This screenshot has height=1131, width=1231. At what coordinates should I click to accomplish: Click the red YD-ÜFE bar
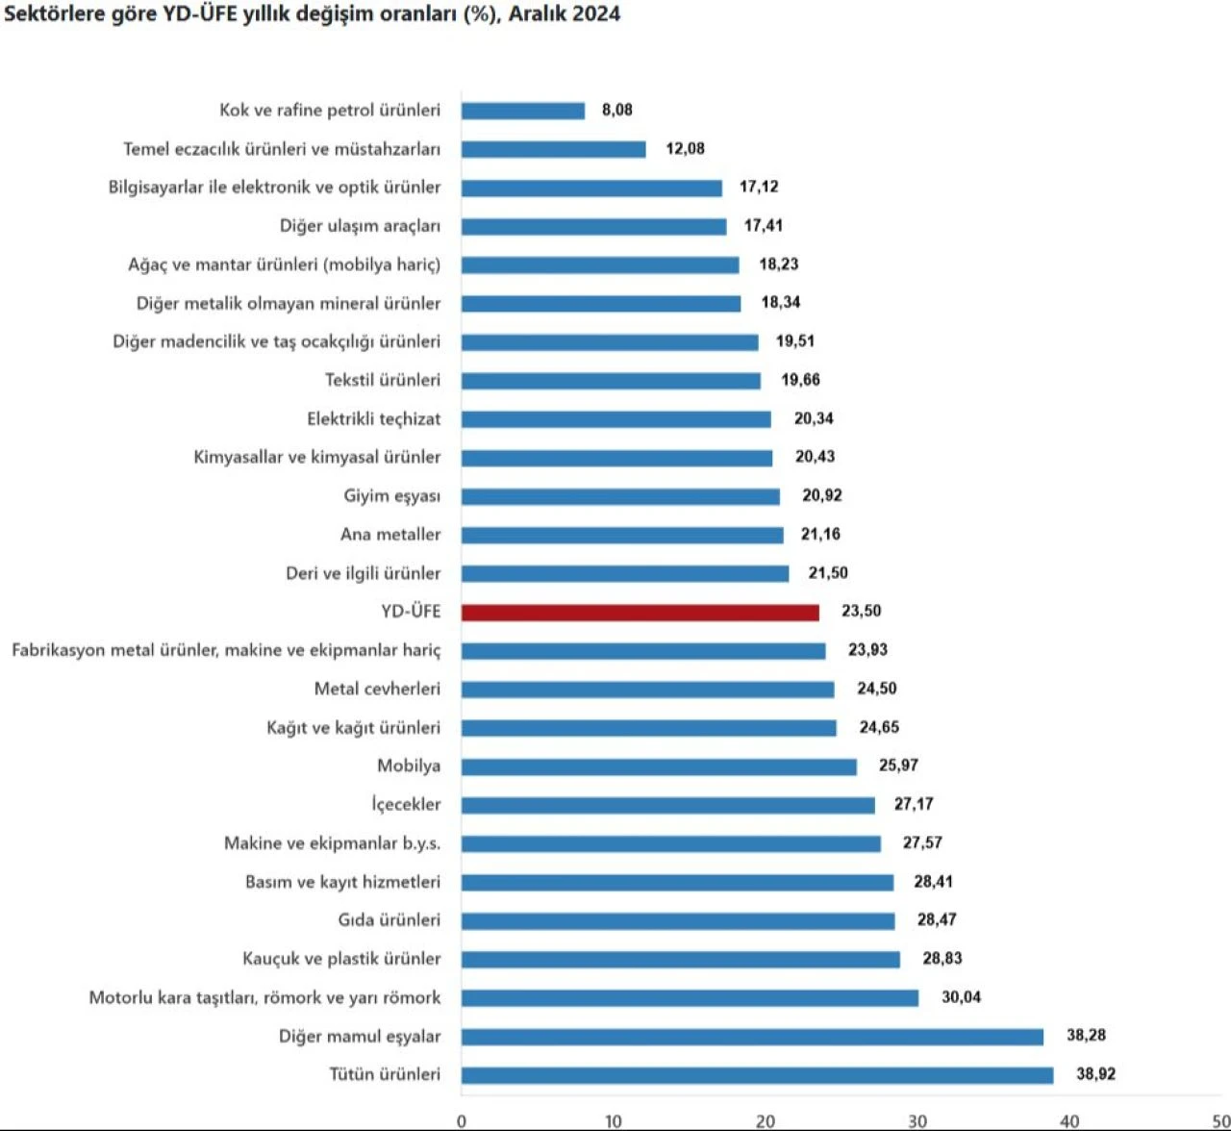coord(640,613)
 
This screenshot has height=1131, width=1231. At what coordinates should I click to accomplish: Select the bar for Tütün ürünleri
coord(757,1075)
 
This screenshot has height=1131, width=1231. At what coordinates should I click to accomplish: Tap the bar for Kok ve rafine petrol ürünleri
coord(522,111)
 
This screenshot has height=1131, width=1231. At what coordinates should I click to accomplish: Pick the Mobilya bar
coord(659,767)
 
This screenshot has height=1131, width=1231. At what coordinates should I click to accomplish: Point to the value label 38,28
coord(1086,1036)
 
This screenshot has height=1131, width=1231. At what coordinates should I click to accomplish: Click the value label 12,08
coord(685,149)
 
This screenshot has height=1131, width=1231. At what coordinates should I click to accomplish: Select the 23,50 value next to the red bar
coord(861,612)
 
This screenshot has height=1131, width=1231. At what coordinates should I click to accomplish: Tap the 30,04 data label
coord(961,997)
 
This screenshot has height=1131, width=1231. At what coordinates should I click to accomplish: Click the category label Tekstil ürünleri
coord(383,380)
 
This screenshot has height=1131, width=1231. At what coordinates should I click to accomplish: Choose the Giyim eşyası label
coord(392,496)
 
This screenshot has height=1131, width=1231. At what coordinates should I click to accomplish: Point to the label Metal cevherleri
coord(377,689)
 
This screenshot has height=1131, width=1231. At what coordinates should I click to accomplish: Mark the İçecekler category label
coord(407,805)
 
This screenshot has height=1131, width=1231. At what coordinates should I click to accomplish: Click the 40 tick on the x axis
coord(1069,1120)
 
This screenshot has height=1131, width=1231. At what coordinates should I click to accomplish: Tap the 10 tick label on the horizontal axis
coord(613,1120)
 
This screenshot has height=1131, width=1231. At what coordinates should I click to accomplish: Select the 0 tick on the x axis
coord(462,1120)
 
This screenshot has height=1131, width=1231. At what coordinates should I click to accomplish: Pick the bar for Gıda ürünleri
coord(677,921)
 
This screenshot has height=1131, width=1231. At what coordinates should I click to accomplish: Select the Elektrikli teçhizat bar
coord(615,419)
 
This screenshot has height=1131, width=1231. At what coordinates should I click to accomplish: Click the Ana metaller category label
coord(390,535)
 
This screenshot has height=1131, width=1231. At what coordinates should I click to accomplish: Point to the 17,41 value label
coord(764,226)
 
